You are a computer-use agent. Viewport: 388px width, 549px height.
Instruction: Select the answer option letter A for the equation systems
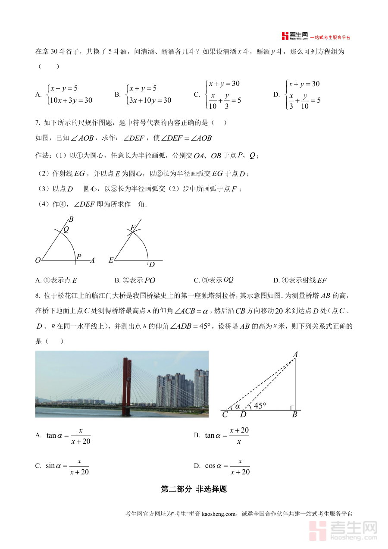[38, 94]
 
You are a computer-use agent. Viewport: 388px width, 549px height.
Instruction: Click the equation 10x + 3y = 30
[71, 100]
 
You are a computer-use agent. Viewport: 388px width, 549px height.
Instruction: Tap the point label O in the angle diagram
[38, 260]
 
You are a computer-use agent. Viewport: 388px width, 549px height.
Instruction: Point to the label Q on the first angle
[66, 229]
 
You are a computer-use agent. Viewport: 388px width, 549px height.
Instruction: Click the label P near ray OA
[79, 257]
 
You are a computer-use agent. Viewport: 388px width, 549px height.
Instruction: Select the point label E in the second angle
[111, 260]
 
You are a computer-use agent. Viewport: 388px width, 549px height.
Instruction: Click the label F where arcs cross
[133, 227]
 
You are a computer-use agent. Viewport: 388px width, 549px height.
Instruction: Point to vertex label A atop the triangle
[296, 354]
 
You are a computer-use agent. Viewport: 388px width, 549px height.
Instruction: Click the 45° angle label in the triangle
[260, 405]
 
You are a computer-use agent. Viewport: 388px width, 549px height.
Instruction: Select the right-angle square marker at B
[293, 408]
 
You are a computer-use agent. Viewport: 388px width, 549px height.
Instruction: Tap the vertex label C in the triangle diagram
[225, 415]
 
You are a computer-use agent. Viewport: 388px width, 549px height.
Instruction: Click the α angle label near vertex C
[237, 406]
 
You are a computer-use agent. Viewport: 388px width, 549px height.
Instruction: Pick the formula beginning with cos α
[222, 466]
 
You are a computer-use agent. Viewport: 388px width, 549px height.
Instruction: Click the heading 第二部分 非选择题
[194, 489]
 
